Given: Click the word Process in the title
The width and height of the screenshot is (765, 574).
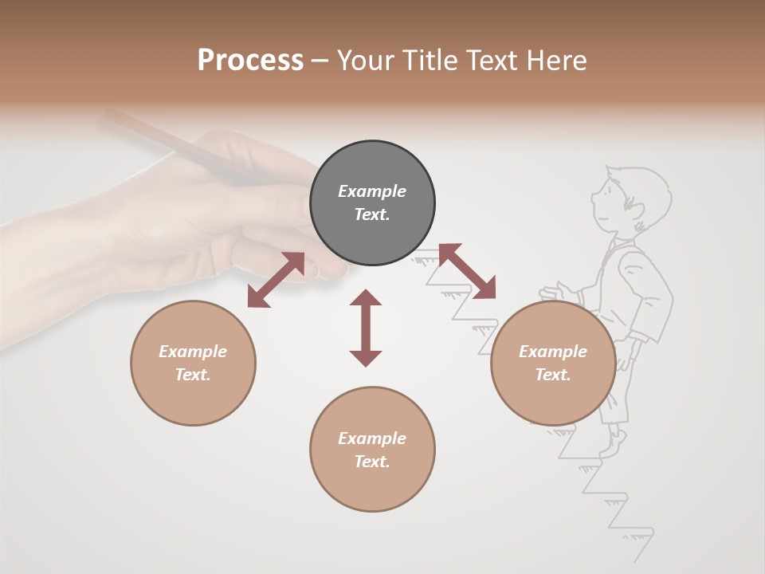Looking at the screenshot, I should coord(250,61).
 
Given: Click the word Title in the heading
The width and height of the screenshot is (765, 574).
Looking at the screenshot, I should coord(429,61).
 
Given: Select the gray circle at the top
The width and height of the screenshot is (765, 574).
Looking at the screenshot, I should coord(372,203).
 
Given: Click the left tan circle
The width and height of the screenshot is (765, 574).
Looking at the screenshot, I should coord(193,363).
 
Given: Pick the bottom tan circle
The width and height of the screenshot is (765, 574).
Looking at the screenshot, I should coord(372,449).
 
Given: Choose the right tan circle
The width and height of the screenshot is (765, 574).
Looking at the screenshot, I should coord(553,363).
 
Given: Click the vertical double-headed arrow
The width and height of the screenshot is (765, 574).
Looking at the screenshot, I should coord(366,328).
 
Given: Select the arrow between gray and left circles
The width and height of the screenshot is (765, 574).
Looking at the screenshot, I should coord(276,280).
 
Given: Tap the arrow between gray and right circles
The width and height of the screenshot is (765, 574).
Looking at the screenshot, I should coord(466,271).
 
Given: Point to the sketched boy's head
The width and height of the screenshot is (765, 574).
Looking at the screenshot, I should coord(626,199).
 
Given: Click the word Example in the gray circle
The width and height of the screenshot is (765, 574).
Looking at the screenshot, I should coord(372,191).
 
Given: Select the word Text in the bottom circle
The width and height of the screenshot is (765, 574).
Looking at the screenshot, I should coord(372,462).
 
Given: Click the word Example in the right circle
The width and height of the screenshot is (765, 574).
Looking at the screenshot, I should coord(553,352).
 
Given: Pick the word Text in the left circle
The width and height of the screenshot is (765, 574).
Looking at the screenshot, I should coord(193,375).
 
